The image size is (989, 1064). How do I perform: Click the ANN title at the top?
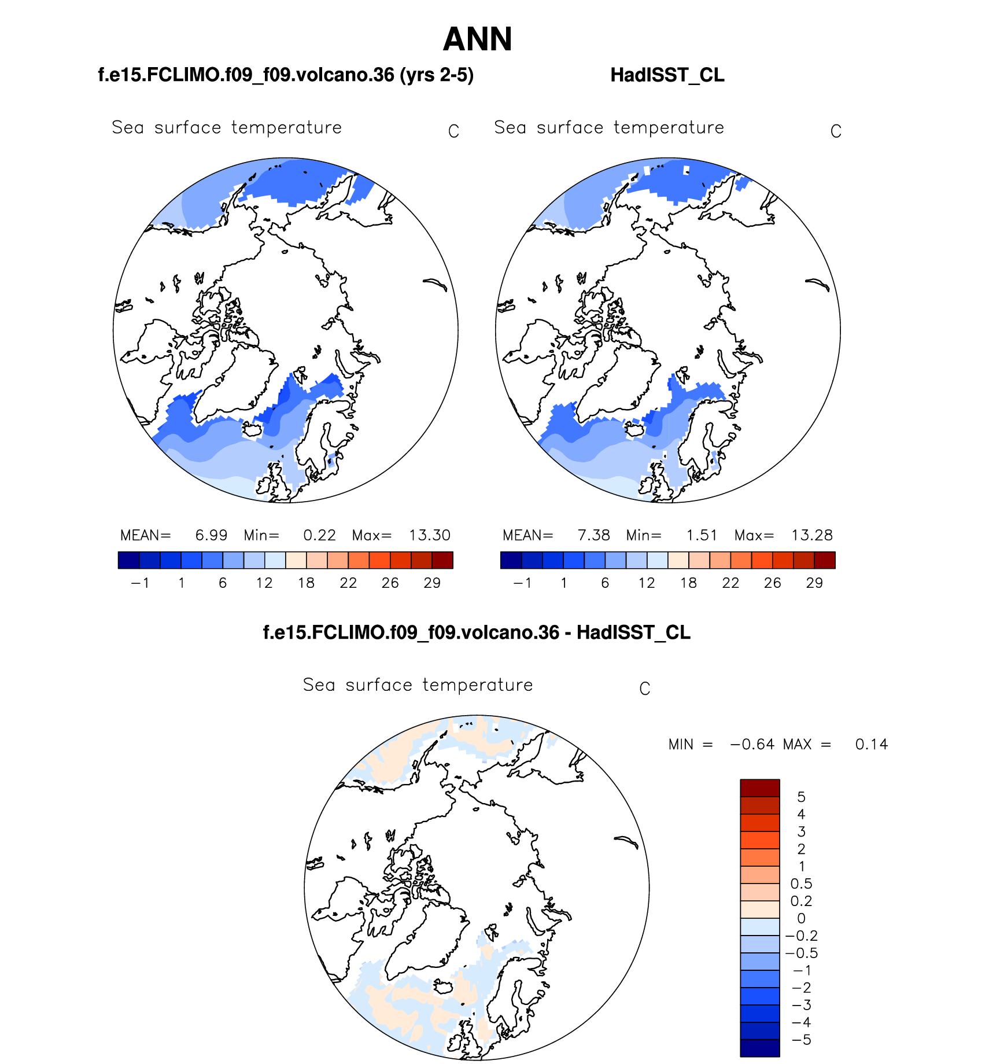click(477, 39)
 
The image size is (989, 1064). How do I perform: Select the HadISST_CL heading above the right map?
click(667, 75)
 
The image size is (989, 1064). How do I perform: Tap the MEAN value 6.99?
click(211, 535)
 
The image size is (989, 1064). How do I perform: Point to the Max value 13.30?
click(429, 535)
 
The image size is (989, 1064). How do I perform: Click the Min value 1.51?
click(702, 535)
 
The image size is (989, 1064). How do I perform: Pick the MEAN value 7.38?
click(593, 535)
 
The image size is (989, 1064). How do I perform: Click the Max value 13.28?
click(811, 535)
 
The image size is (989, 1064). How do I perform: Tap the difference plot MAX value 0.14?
click(871, 745)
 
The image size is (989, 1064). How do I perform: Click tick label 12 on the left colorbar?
click(264, 583)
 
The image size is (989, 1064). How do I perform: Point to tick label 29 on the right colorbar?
click(814, 583)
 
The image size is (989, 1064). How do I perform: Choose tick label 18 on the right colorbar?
click(688, 583)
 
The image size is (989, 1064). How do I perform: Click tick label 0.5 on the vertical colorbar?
click(801, 884)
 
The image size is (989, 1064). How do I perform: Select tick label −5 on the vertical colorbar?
click(801, 1040)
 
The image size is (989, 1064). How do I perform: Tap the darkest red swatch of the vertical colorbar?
click(760, 788)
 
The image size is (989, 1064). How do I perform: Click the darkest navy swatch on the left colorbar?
click(128, 560)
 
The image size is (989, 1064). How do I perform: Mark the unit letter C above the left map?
click(453, 132)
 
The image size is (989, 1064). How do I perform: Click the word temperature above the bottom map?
click(478, 685)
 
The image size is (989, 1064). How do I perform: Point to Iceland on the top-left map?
click(252, 430)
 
